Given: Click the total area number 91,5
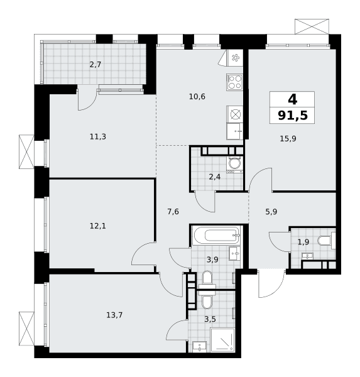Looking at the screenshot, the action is (292, 115).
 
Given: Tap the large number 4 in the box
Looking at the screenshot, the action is (292, 99).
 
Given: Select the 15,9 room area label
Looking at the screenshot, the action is (288, 139).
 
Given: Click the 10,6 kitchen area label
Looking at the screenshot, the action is (197, 97).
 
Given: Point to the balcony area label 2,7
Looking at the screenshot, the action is (95, 65).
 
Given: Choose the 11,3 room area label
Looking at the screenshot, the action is (97, 137).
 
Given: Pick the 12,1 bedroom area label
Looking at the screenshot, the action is (97, 226).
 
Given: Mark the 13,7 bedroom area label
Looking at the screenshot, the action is (114, 315).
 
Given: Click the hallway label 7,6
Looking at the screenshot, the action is (173, 212).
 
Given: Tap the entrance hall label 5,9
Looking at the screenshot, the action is (271, 212).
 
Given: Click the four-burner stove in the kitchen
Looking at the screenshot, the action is (234, 82).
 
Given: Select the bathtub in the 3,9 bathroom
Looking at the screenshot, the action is (216, 235).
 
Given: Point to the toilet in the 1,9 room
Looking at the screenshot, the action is (327, 241).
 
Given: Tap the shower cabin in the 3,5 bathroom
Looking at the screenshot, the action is (222, 340).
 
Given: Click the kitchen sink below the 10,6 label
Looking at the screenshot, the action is (234, 131).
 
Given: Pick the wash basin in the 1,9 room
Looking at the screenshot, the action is (308, 256).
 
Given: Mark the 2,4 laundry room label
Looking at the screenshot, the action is (214, 177).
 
